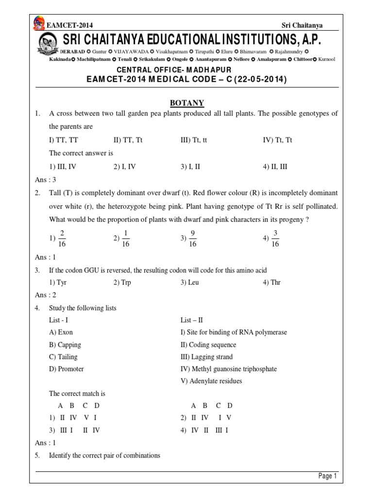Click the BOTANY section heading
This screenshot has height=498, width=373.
[x=186, y=103]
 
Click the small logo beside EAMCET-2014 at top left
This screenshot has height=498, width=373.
[x=38, y=24]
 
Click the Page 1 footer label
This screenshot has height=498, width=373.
[x=327, y=476]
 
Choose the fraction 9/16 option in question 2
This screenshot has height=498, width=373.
[x=189, y=239]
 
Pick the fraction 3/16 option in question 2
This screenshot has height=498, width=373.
[x=272, y=239]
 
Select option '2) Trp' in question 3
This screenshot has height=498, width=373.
[x=122, y=283]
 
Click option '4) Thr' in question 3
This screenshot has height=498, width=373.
[x=271, y=283]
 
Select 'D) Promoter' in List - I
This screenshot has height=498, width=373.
[x=66, y=369]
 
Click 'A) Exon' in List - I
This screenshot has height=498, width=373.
[x=61, y=332]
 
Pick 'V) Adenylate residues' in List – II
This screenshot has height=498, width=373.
[x=211, y=381]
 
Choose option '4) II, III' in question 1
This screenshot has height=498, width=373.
[x=275, y=166]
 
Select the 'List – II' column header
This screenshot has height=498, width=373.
[x=191, y=320]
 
